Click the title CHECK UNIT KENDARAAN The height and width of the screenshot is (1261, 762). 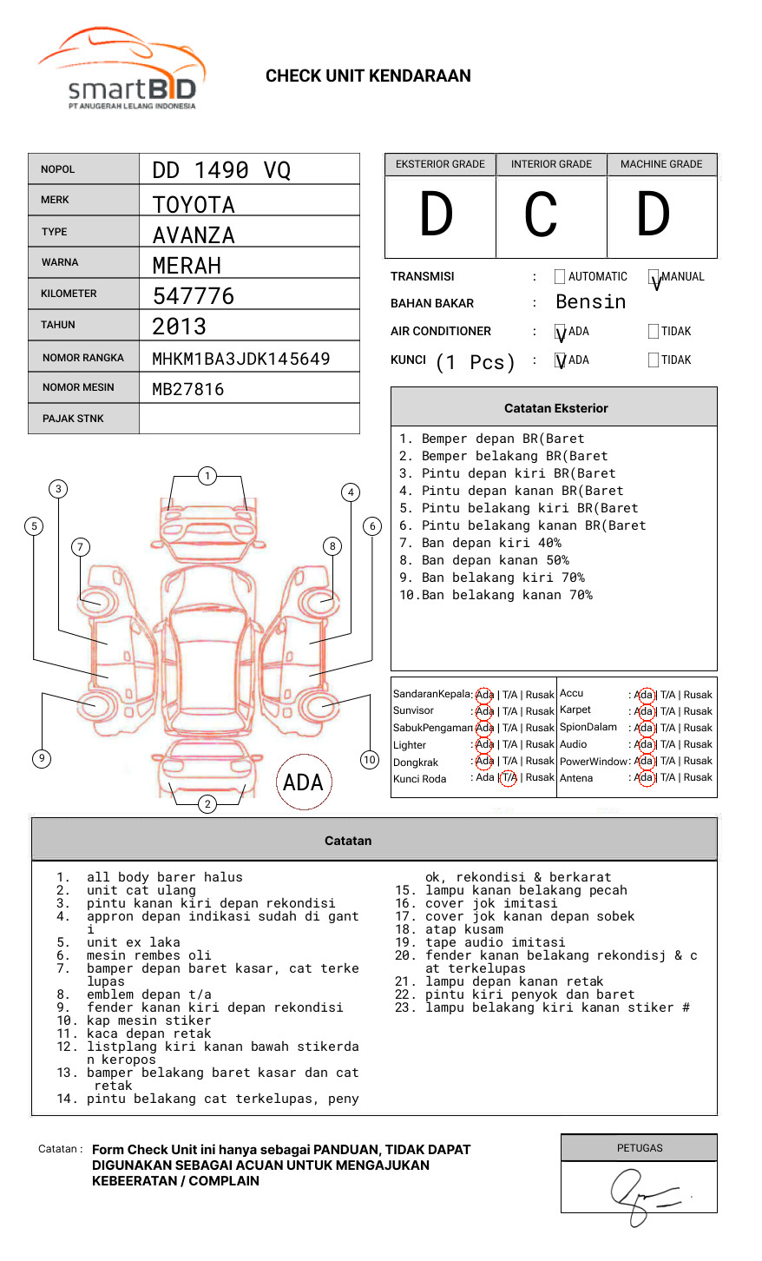[368, 76]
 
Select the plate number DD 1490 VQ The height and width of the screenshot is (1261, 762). [221, 170]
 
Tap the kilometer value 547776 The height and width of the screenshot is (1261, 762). [194, 296]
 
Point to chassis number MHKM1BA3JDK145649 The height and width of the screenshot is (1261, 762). [241, 359]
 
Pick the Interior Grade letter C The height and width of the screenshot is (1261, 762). [541, 215]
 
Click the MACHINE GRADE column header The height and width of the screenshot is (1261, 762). [661, 164]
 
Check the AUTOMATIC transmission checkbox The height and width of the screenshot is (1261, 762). [560, 277]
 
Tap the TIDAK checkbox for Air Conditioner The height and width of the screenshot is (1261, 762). [654, 331]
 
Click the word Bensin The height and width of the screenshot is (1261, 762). [590, 302]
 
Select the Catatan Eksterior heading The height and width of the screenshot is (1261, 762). [555, 408]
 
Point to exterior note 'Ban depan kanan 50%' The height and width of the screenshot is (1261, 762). [495, 560]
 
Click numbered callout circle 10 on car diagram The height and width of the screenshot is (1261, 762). [370, 760]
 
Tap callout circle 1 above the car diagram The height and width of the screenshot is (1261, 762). [207, 476]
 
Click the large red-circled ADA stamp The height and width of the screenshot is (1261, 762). [304, 782]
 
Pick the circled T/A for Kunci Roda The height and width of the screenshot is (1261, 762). [509, 777]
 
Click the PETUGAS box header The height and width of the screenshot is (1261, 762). [640, 1148]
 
